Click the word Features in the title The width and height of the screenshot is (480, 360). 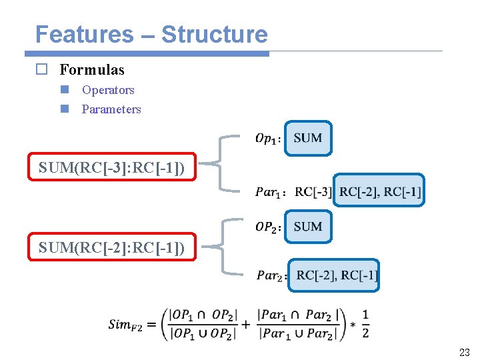click(84, 34)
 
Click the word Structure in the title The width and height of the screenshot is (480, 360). click(215, 34)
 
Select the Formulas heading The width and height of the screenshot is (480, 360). click(92, 69)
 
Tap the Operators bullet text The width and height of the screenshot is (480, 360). click(108, 90)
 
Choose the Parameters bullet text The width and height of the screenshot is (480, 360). click(111, 109)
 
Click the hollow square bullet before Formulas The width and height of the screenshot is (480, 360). click(41, 69)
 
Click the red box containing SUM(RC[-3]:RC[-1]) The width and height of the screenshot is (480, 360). click(112, 167)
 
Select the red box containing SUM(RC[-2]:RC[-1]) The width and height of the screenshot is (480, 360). click(112, 248)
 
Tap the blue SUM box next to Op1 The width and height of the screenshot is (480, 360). click(307, 138)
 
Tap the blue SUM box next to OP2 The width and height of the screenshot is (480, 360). click(307, 227)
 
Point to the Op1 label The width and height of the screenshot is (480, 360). click(267, 139)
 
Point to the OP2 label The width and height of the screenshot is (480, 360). click(268, 227)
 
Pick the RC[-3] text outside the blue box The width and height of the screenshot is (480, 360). click(313, 192)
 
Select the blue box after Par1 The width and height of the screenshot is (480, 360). click(379, 191)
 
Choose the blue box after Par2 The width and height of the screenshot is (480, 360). click(335, 275)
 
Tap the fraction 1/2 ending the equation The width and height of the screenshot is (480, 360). click(365, 323)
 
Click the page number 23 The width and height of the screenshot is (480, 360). click(464, 352)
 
